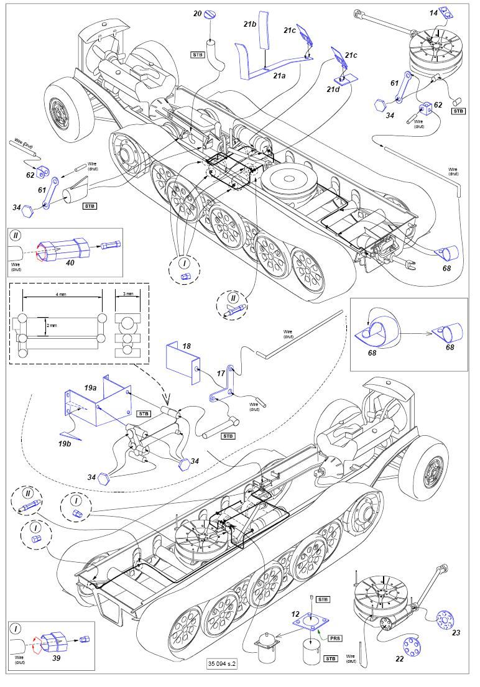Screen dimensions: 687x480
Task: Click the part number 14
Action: pos(433,12)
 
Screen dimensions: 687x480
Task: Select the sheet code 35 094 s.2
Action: pos(223,663)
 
